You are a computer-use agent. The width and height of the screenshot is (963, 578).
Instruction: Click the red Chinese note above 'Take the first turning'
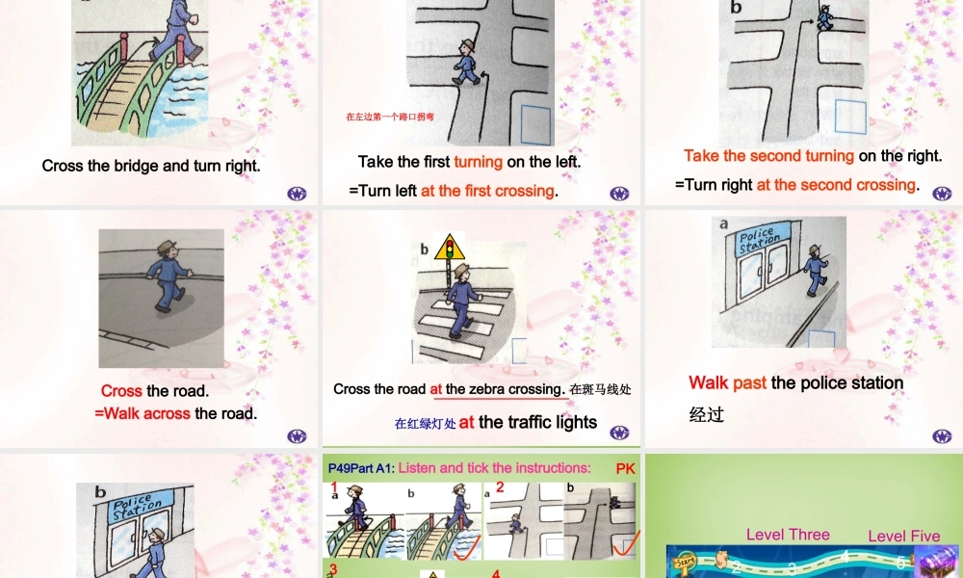(x=390, y=118)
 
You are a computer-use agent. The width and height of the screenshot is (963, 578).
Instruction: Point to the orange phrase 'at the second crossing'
(x=836, y=185)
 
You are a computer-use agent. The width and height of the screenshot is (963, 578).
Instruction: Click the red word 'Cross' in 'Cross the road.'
(x=121, y=391)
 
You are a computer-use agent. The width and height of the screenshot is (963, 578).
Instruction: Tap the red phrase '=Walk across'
(x=143, y=414)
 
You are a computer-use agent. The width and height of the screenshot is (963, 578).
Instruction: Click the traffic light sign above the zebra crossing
(x=445, y=252)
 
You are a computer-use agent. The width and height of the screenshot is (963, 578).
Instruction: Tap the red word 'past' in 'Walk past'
(x=749, y=383)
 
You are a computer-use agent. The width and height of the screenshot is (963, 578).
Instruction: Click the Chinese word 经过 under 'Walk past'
(x=706, y=415)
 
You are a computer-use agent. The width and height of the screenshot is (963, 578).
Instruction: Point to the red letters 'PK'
(x=626, y=468)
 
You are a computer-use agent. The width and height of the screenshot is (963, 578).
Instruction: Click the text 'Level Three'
(x=788, y=535)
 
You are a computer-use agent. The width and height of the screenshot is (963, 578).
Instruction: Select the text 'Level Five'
(x=904, y=537)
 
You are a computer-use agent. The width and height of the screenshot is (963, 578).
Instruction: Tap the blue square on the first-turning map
(x=535, y=125)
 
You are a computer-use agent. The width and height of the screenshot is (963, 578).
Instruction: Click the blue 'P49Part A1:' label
(x=361, y=468)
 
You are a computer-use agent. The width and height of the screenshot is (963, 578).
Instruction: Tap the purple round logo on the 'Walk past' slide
(x=941, y=436)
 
